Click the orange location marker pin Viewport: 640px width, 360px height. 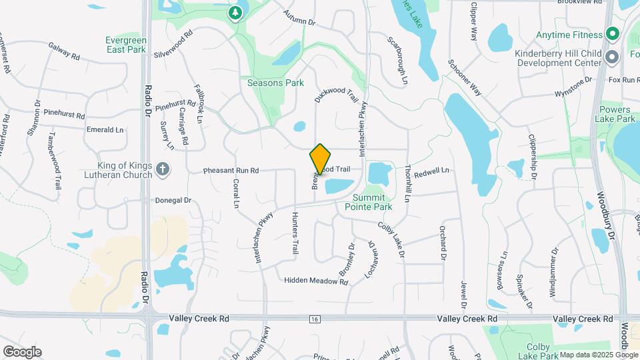click(320, 159)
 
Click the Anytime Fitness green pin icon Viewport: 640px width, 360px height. click(612, 35)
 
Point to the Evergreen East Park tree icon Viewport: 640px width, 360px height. click(235, 13)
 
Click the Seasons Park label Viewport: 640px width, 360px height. click(275, 83)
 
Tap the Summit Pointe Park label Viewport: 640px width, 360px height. click(368, 202)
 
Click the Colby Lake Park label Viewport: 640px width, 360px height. click(538, 351)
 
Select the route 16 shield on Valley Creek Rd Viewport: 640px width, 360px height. click(314, 320)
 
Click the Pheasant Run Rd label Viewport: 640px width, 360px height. click(231, 171)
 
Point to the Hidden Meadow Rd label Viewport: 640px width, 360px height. click(316, 281)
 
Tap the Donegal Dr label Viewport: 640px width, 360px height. click(173, 200)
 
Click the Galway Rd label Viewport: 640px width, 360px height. click(64, 51)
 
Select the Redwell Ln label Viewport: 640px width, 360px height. click(431, 172)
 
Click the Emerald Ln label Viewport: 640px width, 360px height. click(105, 129)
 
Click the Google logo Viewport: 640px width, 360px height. click(22, 352)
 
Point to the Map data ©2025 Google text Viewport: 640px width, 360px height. click(597, 355)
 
